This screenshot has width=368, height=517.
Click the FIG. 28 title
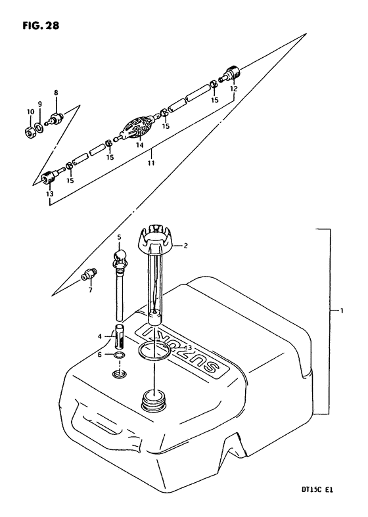click(x=41, y=26)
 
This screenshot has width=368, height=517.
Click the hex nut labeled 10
click(x=30, y=132)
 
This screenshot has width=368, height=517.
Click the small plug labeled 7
click(x=88, y=275)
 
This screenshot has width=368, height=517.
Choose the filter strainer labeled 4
click(x=120, y=336)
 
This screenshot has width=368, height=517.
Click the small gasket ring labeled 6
click(x=119, y=355)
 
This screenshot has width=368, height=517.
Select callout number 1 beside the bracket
click(x=342, y=310)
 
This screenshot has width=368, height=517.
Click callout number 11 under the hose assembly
click(x=151, y=163)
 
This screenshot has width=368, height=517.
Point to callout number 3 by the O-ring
click(x=189, y=348)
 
